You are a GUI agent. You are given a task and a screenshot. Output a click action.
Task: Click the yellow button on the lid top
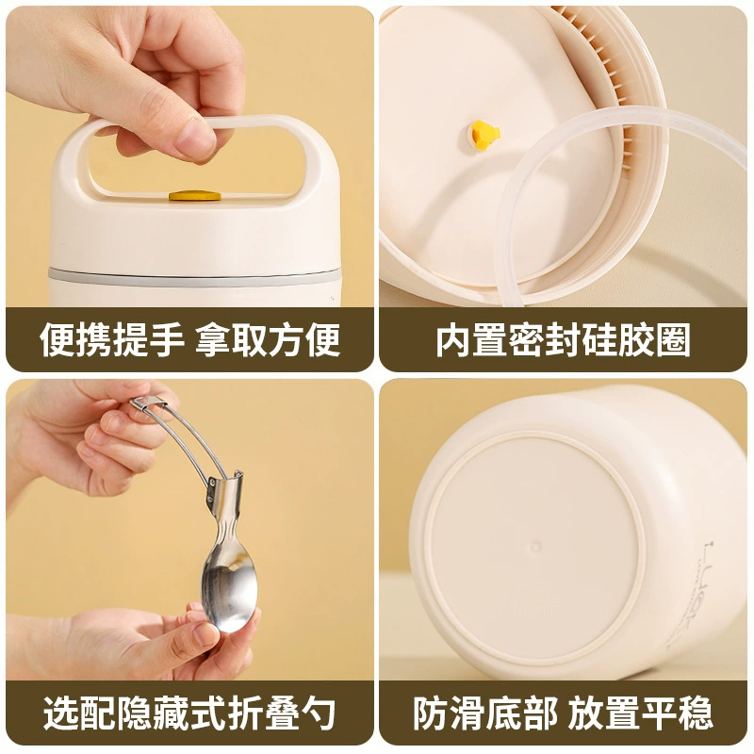click(x=195, y=196)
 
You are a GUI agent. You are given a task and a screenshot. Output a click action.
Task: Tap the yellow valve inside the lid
click(x=485, y=136)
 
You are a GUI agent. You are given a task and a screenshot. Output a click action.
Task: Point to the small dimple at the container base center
click(x=535, y=547)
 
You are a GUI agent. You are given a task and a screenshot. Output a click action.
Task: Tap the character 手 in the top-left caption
click(x=167, y=340)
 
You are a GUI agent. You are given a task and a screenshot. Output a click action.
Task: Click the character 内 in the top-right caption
click(x=453, y=340)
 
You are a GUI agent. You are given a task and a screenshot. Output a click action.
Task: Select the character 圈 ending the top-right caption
click(x=673, y=340)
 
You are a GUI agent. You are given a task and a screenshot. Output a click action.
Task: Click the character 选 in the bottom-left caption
click(x=61, y=713)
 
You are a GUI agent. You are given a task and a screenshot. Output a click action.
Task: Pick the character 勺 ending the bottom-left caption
click(x=317, y=713)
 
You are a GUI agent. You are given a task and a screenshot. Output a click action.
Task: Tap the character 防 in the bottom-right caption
click(x=431, y=713)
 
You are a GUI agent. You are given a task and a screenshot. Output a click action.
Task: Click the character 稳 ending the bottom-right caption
click(x=695, y=713)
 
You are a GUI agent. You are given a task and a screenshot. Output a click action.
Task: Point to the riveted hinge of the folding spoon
click(x=211, y=489)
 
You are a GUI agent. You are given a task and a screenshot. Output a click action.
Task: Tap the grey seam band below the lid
click(x=193, y=277)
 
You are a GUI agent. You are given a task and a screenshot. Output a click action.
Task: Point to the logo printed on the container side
click(x=707, y=592)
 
